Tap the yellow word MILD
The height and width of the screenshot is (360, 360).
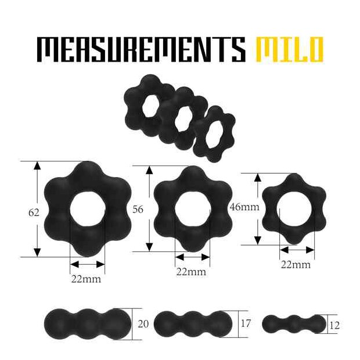pos(289,50)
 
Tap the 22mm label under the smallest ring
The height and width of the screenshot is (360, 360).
pos(296,265)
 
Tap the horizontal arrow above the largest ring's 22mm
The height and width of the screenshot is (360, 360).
pos(87,264)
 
